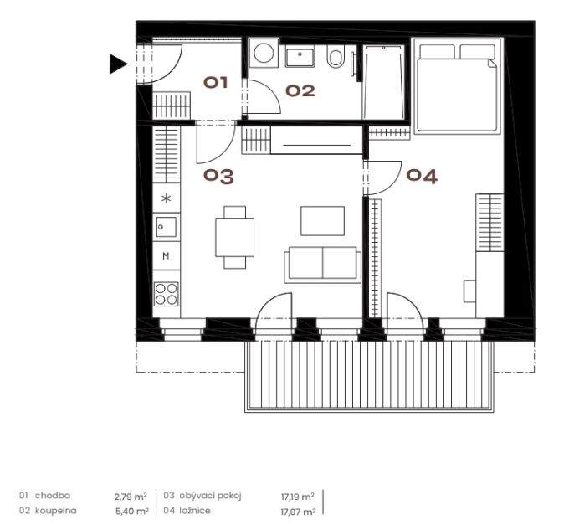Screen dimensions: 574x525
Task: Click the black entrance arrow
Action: pyautogui.click(x=118, y=64)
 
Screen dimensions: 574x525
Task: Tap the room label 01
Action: pyautogui.click(x=216, y=82)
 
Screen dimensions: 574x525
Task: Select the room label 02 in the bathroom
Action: pyautogui.click(x=300, y=91)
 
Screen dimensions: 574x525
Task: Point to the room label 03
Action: pyautogui.click(x=218, y=176)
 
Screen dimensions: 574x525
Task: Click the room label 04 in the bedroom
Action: pyautogui.click(x=422, y=176)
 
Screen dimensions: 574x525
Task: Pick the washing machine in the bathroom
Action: pyautogui.click(x=264, y=53)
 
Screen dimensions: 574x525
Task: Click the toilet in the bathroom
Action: pyautogui.click(x=336, y=56)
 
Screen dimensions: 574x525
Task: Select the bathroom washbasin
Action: pyautogui.click(x=300, y=57)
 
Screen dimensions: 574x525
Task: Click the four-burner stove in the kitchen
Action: pyautogui.click(x=167, y=294)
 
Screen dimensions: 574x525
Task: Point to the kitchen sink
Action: pyautogui.click(x=167, y=227)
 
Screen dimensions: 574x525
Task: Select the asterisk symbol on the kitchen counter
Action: pyautogui.click(x=167, y=198)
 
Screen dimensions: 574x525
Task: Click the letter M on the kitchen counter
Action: pyautogui.click(x=166, y=255)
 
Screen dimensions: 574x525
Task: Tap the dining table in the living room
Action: pyautogui.click(x=234, y=238)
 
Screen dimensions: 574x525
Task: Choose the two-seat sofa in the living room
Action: pyautogui.click(x=322, y=265)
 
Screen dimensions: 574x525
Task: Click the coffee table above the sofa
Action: pyautogui.click(x=322, y=221)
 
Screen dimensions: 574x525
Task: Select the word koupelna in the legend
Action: pyautogui.click(x=55, y=510)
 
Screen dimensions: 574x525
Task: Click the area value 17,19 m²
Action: pyautogui.click(x=298, y=497)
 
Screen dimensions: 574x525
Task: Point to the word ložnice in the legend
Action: pyautogui.click(x=195, y=510)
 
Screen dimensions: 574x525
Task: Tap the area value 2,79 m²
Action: pyautogui.click(x=131, y=497)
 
